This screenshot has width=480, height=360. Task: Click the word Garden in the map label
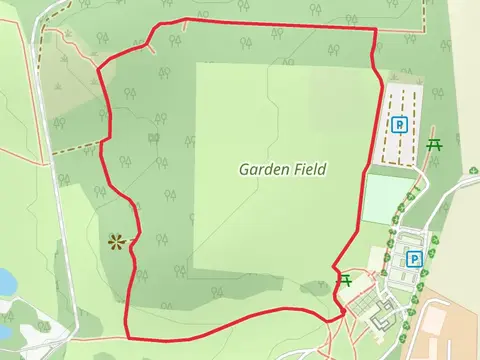(262, 169)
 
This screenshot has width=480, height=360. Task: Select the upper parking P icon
(399, 125)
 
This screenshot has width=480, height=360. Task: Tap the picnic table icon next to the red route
(346, 280)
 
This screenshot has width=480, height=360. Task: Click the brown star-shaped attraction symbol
(118, 240)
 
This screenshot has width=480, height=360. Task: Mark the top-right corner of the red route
(375, 30)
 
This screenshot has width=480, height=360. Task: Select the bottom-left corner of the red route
(127, 337)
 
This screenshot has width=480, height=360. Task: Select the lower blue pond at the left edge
(5, 325)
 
